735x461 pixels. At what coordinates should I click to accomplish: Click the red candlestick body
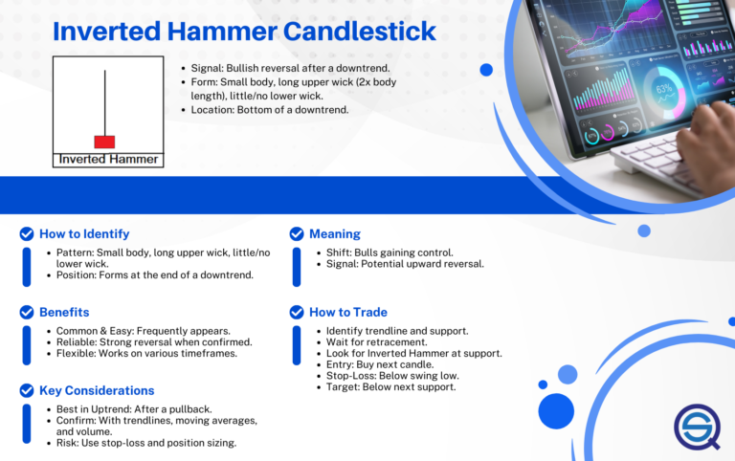[104, 142]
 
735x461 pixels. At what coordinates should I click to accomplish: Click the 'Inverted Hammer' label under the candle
[108, 159]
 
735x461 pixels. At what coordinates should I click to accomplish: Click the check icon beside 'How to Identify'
[27, 233]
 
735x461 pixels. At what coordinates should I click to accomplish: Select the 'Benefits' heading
[64, 312]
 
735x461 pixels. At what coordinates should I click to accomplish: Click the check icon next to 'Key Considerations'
[27, 390]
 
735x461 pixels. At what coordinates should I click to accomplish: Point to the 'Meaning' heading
[334, 233]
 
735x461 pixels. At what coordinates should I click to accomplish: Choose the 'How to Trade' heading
[347, 312]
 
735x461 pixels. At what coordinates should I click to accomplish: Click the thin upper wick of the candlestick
[103, 100]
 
